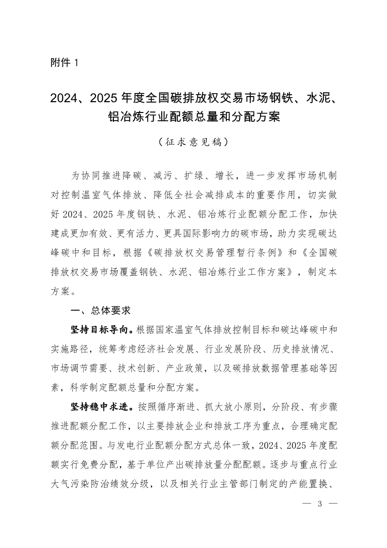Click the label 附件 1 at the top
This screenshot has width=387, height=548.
(65, 63)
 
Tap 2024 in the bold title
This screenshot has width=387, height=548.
(63, 99)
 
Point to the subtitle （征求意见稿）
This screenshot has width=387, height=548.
(193, 141)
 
